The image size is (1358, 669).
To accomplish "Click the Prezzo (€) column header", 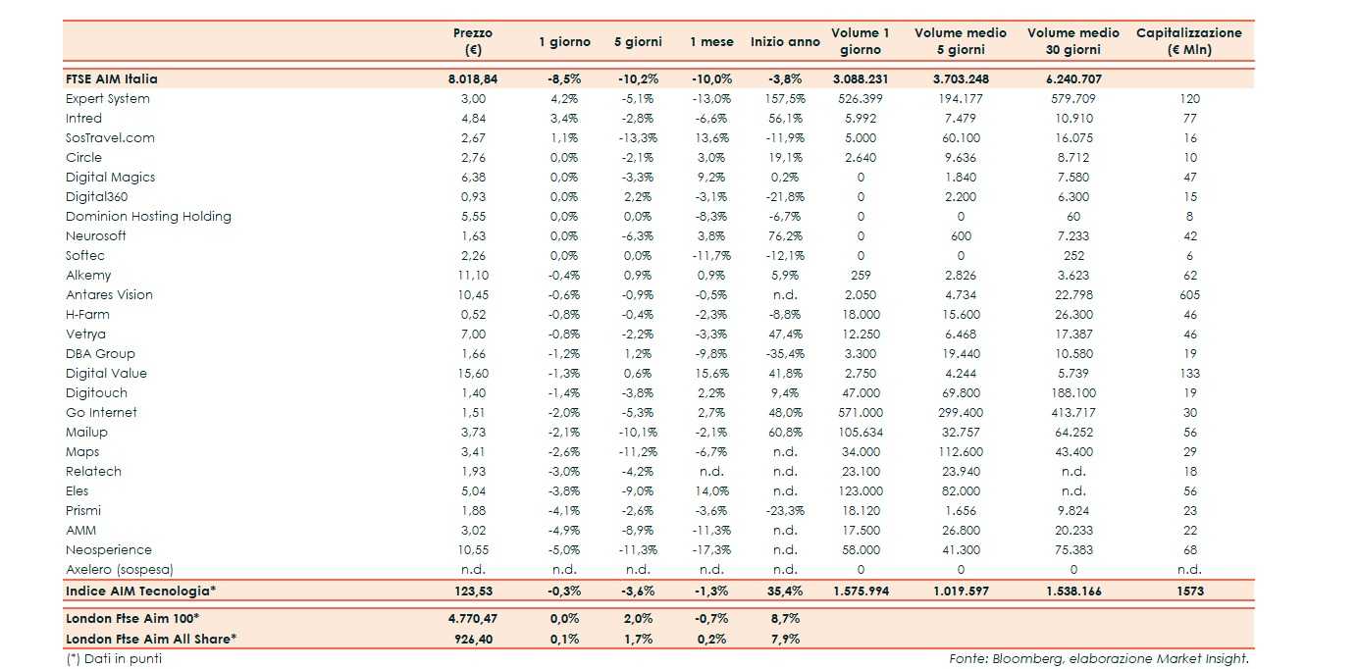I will click(473, 41).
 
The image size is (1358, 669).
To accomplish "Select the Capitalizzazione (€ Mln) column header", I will click(1188, 41).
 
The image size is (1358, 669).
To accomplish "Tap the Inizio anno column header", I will click(785, 42).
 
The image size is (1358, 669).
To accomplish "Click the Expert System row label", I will click(108, 99).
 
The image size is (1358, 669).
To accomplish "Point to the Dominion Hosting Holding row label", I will click(148, 217).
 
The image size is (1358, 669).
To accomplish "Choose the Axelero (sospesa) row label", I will click(120, 570).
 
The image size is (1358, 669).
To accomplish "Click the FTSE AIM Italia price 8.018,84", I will click(473, 79).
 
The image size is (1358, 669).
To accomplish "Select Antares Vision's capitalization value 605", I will click(1189, 295).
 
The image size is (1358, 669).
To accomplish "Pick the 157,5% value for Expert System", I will click(785, 99).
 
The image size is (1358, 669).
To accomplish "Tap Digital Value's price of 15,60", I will click(473, 374).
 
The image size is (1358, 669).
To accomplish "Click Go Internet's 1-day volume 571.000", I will click(861, 413).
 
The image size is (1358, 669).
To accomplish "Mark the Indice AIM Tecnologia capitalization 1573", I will click(1189, 592).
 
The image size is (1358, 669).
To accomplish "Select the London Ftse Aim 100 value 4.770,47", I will click(473, 619).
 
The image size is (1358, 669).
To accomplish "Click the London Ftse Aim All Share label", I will click(151, 639).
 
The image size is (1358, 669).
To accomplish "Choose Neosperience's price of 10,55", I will click(473, 550).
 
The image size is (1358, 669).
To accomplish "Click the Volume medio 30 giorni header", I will click(1072, 41).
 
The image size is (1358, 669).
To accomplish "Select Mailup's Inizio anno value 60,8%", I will click(785, 433).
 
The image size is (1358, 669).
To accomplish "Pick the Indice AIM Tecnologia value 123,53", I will click(473, 592).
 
